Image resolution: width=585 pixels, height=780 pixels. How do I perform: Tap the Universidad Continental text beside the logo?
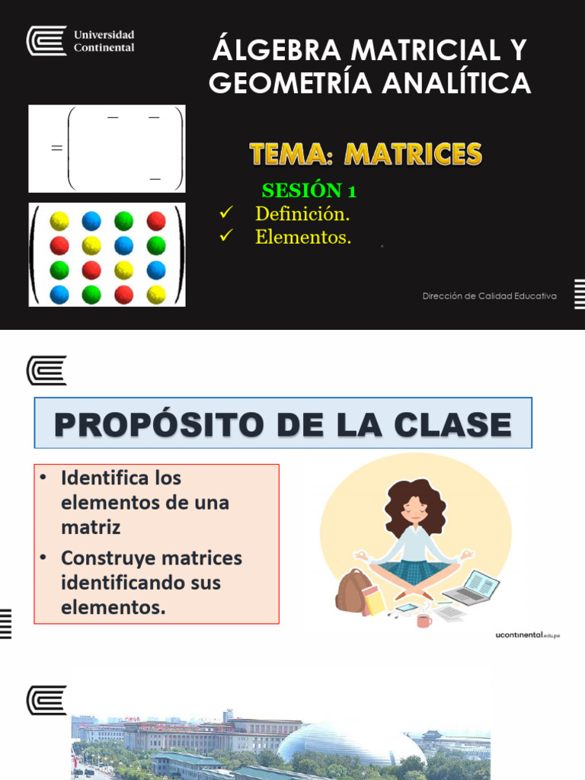tap(103, 41)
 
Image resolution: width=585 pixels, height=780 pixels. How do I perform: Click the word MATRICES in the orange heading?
tap(413, 155)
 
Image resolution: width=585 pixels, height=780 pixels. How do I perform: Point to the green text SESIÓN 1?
tap(309, 190)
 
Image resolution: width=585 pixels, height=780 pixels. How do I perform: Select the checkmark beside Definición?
tap(225, 213)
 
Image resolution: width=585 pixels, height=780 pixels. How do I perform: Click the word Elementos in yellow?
tap(303, 237)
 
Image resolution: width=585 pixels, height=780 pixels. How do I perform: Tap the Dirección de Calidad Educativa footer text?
tap(489, 296)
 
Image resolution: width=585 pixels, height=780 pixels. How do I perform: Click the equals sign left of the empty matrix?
tap(56, 149)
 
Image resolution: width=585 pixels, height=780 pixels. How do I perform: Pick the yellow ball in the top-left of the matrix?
tap(59, 222)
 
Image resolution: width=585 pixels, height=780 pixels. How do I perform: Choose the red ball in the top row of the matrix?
tap(156, 222)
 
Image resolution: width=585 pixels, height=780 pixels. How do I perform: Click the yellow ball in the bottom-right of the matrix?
tap(156, 294)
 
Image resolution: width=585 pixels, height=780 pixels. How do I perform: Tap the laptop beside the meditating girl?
tap(472, 587)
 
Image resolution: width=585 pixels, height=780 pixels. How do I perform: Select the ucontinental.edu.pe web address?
tap(527, 635)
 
